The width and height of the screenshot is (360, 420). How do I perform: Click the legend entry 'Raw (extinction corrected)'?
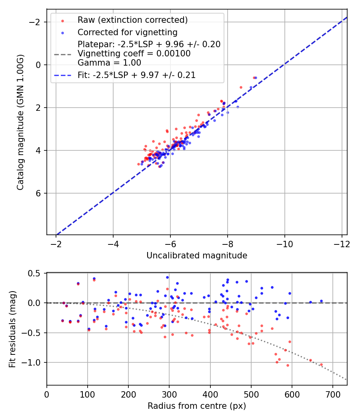pyautogui.click(x=132, y=20)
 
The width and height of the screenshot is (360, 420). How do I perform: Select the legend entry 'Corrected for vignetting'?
pyautogui.click(x=127, y=32)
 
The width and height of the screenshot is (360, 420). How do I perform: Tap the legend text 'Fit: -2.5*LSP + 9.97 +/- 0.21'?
pyautogui.click(x=136, y=75)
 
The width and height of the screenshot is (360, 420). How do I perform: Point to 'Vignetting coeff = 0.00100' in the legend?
pyautogui.click(x=134, y=54)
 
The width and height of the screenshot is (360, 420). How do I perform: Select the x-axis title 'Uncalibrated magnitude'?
pyautogui.click(x=197, y=255)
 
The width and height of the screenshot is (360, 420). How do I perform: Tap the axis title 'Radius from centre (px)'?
pyautogui.click(x=197, y=406)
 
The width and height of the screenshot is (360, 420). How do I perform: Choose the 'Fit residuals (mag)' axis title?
pyautogui.click(x=12, y=329)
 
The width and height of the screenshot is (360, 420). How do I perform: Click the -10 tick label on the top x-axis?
pyautogui.click(x=284, y=244)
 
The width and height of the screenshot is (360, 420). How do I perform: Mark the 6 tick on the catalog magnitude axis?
pyautogui.click(x=39, y=193)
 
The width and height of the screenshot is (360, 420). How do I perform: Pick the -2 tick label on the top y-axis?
pyautogui.click(x=36, y=22)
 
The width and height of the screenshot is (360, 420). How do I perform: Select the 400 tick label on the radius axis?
pyautogui.click(x=210, y=394)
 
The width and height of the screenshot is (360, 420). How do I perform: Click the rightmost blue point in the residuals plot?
pyautogui.click(x=321, y=301)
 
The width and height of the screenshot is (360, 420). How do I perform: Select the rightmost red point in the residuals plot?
pyautogui.click(x=321, y=364)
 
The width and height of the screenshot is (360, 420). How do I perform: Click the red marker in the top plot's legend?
pyautogui.click(x=63, y=20)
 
